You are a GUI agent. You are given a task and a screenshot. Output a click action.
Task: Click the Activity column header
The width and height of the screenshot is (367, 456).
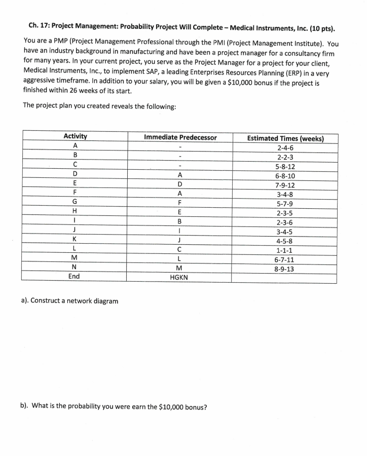tap(75, 136)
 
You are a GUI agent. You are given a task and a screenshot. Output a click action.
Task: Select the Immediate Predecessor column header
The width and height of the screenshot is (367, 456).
tap(180, 137)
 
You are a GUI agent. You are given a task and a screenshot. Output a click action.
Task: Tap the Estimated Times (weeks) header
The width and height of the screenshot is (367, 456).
tap(285, 138)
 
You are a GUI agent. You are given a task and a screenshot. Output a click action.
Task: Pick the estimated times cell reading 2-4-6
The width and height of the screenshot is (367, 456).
tap(285, 148)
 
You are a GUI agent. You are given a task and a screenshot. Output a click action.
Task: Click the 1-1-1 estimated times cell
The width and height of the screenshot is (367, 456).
tap(285, 250)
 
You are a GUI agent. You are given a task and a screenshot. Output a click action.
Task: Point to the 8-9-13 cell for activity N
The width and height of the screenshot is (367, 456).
tap(285, 269)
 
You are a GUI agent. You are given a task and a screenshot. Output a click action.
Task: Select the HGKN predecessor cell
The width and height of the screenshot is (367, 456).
tap(180, 278)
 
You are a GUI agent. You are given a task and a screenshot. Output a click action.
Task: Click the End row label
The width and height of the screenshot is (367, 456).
tap(75, 276)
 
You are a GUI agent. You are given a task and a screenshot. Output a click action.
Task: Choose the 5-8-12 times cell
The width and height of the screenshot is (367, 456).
tap(285, 166)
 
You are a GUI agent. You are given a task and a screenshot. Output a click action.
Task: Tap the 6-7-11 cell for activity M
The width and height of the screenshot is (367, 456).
tap(285, 259)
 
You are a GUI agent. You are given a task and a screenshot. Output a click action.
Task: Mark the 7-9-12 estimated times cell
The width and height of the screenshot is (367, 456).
tap(285, 185)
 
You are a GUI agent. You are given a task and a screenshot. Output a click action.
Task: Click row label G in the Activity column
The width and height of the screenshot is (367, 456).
tap(75, 202)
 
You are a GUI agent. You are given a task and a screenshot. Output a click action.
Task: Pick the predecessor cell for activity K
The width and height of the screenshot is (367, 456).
tap(180, 240)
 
